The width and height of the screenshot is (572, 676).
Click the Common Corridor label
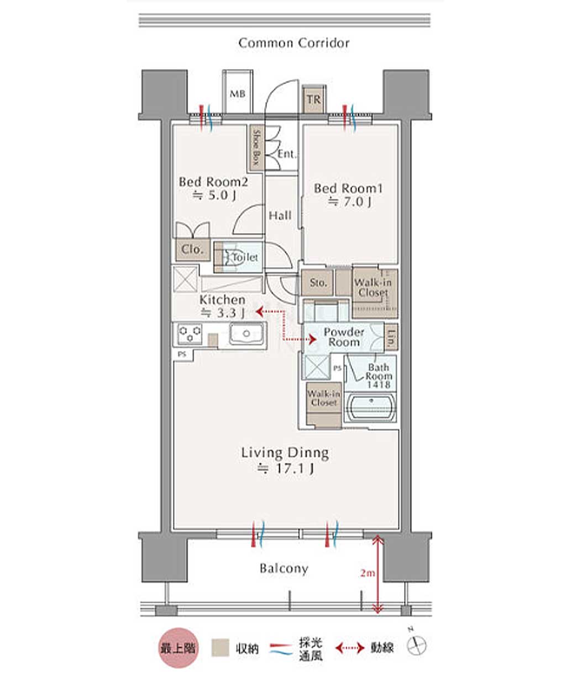tap(293, 43)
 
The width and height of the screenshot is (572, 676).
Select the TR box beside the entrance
tap(314, 99)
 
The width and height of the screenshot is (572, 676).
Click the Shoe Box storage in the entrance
tap(257, 147)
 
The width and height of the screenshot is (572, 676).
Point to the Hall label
tap(280, 215)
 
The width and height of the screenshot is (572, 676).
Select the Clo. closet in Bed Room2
tap(193, 250)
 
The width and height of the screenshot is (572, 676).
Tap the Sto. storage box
tap(317, 282)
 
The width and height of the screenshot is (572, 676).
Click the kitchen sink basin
tap(246, 333)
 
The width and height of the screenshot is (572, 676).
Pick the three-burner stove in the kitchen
tap(190, 334)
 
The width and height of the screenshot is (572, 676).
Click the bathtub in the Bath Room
tap(371, 407)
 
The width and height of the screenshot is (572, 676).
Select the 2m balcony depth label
tap(368, 573)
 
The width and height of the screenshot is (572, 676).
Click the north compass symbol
tap(417, 645)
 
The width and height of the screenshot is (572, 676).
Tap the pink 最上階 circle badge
tap(179, 647)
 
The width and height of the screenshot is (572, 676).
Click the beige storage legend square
tap(220, 647)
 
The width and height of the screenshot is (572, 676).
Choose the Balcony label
tap(284, 569)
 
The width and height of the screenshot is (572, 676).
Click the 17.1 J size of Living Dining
tap(285, 469)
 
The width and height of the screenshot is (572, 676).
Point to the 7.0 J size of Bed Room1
tap(349, 202)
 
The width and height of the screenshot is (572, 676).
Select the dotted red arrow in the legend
tap(350, 647)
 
